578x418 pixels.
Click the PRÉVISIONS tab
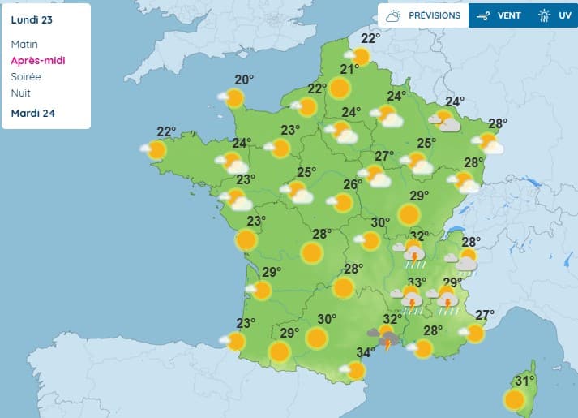[x=434, y=15]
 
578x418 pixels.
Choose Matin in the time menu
[x=24, y=44]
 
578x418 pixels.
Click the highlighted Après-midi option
[x=38, y=60]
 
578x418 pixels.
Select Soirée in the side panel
[x=26, y=76]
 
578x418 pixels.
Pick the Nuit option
[x=21, y=93]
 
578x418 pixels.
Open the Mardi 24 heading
[x=32, y=113]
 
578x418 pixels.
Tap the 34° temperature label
[x=366, y=352]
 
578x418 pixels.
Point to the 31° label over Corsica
[x=525, y=381]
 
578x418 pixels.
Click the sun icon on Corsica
[x=514, y=399]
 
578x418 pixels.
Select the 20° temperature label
[x=244, y=80]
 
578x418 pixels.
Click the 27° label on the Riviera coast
[x=485, y=315]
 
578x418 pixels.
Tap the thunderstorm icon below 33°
[x=412, y=303]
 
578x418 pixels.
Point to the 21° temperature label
[x=349, y=69]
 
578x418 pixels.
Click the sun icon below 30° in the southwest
[x=316, y=338]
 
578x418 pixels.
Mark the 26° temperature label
[x=351, y=184]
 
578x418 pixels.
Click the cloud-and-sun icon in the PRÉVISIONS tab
[x=394, y=15]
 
